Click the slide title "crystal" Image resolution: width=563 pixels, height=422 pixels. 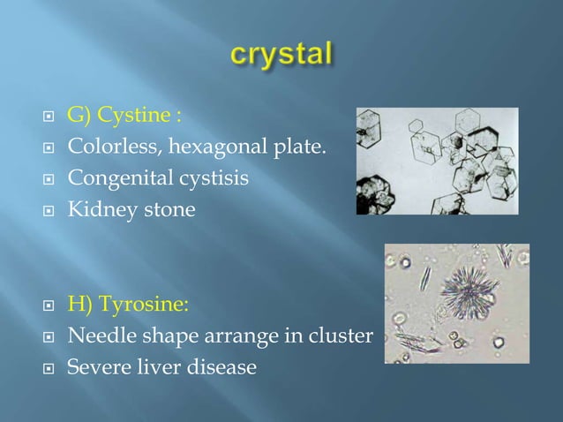(x=281, y=55)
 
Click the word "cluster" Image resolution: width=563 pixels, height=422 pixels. (x=346, y=336)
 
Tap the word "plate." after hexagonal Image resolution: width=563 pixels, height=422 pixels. (x=304, y=147)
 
